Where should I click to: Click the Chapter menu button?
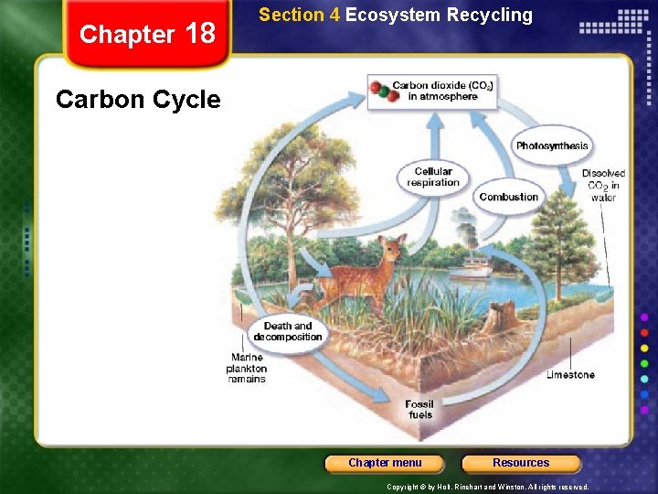click(385, 463)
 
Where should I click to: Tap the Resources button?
click(521, 463)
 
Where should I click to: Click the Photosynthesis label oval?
click(552, 146)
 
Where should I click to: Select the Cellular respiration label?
click(433, 177)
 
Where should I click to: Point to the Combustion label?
click(508, 197)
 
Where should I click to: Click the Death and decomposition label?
click(288, 331)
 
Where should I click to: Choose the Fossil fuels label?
click(420, 409)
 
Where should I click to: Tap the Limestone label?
click(570, 374)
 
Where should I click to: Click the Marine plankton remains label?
click(247, 369)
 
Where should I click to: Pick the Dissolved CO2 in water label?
click(603, 185)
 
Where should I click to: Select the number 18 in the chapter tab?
click(200, 34)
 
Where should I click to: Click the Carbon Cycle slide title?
click(138, 99)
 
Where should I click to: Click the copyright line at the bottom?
click(488, 487)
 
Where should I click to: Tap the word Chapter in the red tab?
click(127, 35)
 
